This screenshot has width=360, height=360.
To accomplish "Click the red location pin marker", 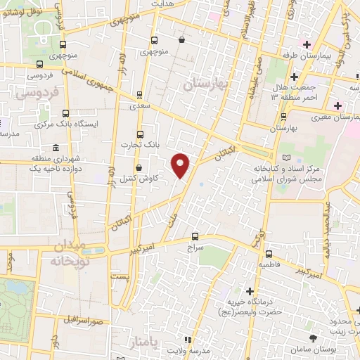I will point(181,164).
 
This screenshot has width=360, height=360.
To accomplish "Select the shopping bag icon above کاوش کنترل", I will point(138,167).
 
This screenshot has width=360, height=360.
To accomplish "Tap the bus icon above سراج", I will point(195,237).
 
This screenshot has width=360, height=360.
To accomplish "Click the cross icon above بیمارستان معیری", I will point(338,105).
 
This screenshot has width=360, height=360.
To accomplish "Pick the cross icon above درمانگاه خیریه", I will point(250,290).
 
